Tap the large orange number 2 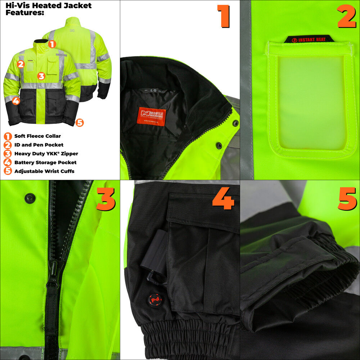click(346, 17)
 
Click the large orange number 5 click(347, 199)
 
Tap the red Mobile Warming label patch click(151, 116)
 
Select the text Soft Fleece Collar click(37, 136)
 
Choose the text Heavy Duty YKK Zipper click(46, 154)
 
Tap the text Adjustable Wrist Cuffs click(44, 171)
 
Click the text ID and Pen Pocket click(39, 145)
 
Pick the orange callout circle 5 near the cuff click(80, 123)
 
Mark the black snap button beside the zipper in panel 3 click(30, 198)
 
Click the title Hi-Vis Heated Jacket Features click(48, 9)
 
